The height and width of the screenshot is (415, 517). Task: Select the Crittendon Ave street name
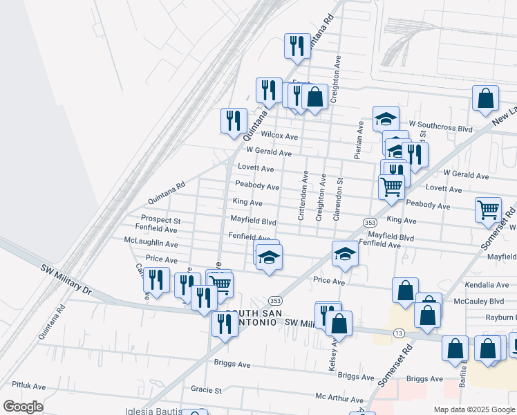303,196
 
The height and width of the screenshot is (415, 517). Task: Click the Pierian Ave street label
359,140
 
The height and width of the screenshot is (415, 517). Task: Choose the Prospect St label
160,220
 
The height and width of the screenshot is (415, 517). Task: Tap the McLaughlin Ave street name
150,243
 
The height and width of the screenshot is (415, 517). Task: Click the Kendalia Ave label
487,284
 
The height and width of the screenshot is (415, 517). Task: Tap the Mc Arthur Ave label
339,399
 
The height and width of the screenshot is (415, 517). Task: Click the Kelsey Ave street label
334,354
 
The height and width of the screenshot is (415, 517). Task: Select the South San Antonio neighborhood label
257,317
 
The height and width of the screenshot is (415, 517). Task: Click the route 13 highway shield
399,333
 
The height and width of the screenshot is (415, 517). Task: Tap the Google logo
23,407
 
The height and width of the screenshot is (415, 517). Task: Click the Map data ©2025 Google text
473,409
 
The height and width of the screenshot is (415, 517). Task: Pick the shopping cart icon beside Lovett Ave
391,186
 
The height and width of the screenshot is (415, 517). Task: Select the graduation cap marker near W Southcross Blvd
386,118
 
